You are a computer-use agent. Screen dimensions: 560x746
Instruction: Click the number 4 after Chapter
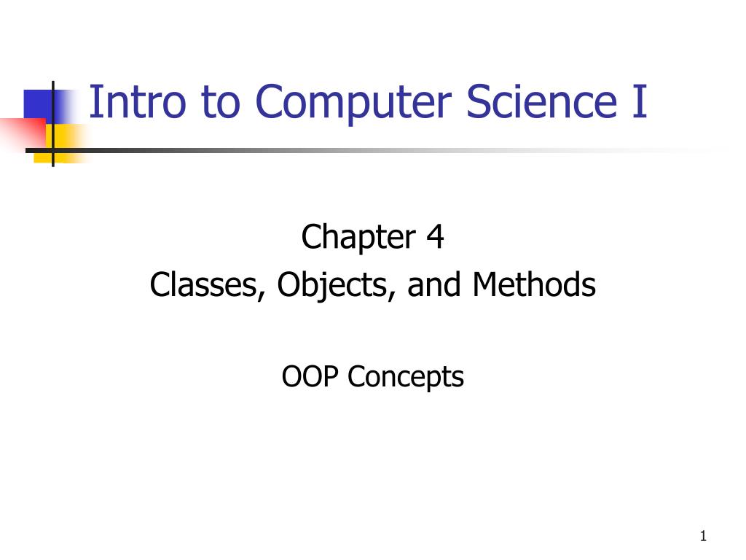click(436, 238)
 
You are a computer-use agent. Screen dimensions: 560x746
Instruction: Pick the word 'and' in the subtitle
click(433, 285)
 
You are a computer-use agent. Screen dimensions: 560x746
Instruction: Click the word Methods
click(534, 285)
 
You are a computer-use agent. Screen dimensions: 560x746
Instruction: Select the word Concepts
click(406, 378)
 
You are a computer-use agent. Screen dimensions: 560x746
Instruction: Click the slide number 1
click(703, 537)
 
